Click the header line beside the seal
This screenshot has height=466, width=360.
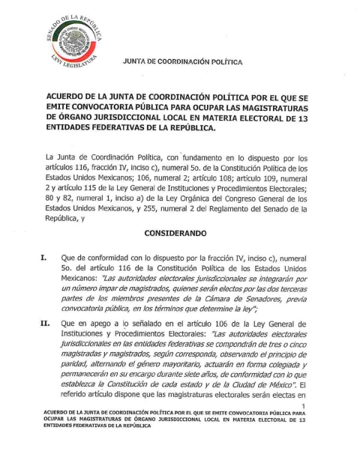click(181, 64)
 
